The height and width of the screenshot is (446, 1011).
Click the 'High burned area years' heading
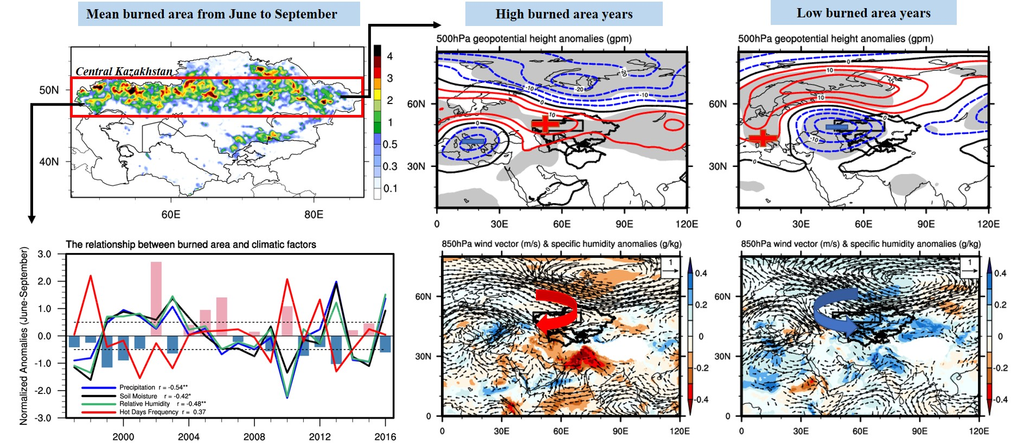(x=564, y=14)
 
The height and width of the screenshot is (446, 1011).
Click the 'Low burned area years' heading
(x=863, y=13)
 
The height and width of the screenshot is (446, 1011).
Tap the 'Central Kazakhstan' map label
(x=124, y=71)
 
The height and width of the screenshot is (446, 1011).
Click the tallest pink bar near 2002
(x=156, y=298)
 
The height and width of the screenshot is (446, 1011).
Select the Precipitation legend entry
(x=137, y=387)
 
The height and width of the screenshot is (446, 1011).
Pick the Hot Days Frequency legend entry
(x=149, y=412)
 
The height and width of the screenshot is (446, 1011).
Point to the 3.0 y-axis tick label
(x=44, y=254)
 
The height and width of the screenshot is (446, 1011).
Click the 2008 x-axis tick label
(x=254, y=437)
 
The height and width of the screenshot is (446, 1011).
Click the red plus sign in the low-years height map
(x=763, y=137)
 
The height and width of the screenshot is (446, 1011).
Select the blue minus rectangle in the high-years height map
(x=472, y=141)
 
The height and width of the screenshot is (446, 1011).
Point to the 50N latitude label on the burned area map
(x=49, y=90)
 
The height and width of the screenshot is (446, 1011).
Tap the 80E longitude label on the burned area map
(x=313, y=215)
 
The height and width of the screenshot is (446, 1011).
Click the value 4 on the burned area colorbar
(x=389, y=56)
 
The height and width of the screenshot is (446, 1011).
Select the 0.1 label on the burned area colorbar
(x=390, y=189)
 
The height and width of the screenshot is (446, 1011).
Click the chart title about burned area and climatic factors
(x=191, y=244)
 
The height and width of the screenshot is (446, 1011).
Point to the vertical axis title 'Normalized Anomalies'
(x=24, y=336)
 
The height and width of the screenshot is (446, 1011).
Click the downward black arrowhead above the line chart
(x=31, y=219)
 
